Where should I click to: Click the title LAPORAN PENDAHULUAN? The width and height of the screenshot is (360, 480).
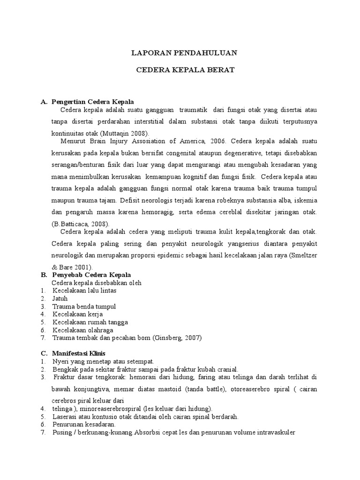click(x=184, y=53)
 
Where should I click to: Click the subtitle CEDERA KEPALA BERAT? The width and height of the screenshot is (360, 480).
click(x=184, y=70)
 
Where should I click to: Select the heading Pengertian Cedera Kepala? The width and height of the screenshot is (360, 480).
click(x=93, y=102)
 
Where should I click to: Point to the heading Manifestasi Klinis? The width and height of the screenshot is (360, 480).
click(x=79, y=353)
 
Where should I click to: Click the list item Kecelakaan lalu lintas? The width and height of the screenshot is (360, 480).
click(x=84, y=290)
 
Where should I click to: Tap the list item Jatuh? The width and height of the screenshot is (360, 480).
click(x=60, y=298)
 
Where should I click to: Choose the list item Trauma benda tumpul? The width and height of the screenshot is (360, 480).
click(x=84, y=306)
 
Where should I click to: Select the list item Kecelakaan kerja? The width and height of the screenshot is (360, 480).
click(x=77, y=314)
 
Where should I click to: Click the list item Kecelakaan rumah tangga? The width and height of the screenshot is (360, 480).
click(x=90, y=322)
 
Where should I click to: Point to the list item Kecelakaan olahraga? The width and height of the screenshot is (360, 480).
click(x=83, y=330)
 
